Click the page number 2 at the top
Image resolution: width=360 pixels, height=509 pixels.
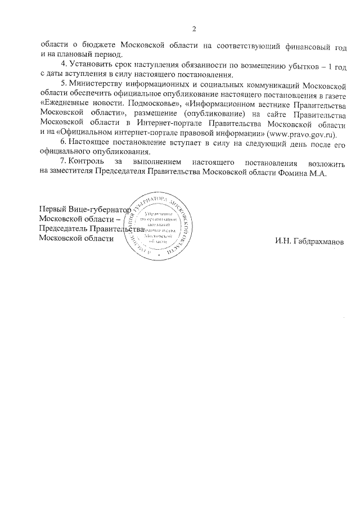(194, 29)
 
